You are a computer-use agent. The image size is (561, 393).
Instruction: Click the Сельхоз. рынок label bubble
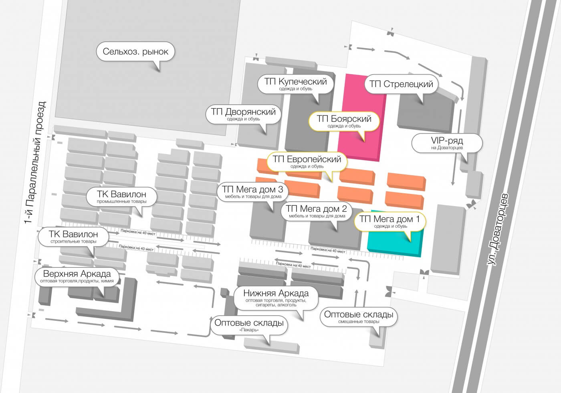tap(135, 52)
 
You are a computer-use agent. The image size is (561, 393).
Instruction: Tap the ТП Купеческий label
tap(296, 84)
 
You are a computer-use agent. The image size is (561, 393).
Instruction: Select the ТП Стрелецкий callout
tap(401, 84)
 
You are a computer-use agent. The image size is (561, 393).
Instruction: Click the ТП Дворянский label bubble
tap(243, 114)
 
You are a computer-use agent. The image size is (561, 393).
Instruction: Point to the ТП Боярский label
tap(344, 121)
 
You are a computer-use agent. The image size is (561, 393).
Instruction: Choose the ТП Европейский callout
tap(307, 162)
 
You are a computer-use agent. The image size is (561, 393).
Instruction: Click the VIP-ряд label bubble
tap(447, 143)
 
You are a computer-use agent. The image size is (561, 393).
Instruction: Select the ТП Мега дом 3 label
tap(253, 192)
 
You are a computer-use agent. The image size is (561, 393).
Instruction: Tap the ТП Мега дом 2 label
tap(317, 212)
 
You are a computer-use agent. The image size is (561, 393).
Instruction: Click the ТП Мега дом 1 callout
tap(390, 222)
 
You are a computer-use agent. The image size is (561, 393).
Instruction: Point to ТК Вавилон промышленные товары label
tap(121, 197)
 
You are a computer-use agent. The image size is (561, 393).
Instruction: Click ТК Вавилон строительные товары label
tap(73, 237)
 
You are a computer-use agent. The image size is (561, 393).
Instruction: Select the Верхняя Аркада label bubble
tap(77, 276)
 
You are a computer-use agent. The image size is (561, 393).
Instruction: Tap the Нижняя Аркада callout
tap(276, 298)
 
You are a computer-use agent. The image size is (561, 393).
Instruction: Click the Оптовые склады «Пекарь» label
tap(249, 325)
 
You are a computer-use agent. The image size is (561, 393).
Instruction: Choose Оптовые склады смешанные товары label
tap(359, 317)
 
